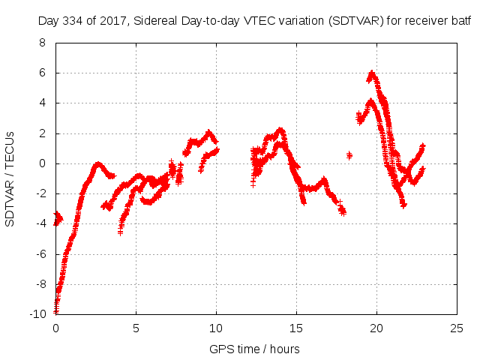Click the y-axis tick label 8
(x=43, y=43)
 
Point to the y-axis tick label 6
(x=43, y=73)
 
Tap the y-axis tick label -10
(x=37, y=313)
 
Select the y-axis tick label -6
(x=40, y=253)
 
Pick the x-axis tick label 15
(x=296, y=328)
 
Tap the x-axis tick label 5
(x=136, y=328)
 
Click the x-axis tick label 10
(x=216, y=328)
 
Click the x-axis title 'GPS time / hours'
(x=256, y=349)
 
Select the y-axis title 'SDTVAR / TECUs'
(x=10, y=178)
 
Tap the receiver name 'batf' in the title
(x=461, y=21)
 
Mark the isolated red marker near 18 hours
(x=349, y=155)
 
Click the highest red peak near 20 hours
(x=372, y=73)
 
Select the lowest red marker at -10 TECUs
(x=55, y=312)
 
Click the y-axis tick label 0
(x=43, y=163)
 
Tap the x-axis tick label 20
(x=376, y=328)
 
